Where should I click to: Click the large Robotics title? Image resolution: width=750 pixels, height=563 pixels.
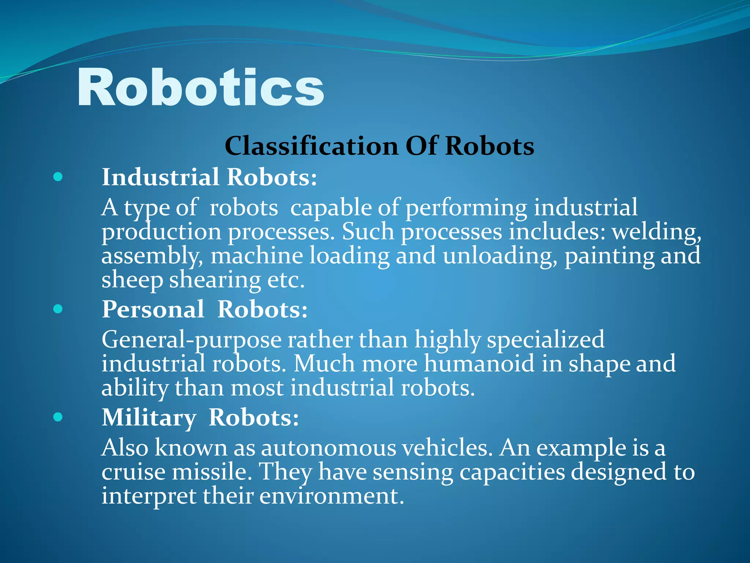[200, 88]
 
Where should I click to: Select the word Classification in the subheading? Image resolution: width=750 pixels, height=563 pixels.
[311, 146]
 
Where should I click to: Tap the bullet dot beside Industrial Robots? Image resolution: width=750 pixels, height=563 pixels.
[58, 177]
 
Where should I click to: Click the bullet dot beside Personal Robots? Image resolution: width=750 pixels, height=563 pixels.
[58, 309]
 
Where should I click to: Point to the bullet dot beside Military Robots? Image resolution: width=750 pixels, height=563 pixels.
[58, 417]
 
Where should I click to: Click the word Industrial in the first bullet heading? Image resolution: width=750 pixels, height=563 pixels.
[160, 177]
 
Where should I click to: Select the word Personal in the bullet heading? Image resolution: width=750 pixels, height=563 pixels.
[153, 309]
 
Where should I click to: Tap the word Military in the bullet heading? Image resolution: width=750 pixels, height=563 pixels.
[149, 417]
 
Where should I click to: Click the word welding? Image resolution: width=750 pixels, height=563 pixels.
[656, 232]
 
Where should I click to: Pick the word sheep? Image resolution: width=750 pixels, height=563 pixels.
[132, 280]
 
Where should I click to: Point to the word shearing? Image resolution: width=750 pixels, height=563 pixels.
[215, 280]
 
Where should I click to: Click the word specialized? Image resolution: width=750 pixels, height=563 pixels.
[545, 340]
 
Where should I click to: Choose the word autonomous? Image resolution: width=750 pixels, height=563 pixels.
[328, 448]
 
